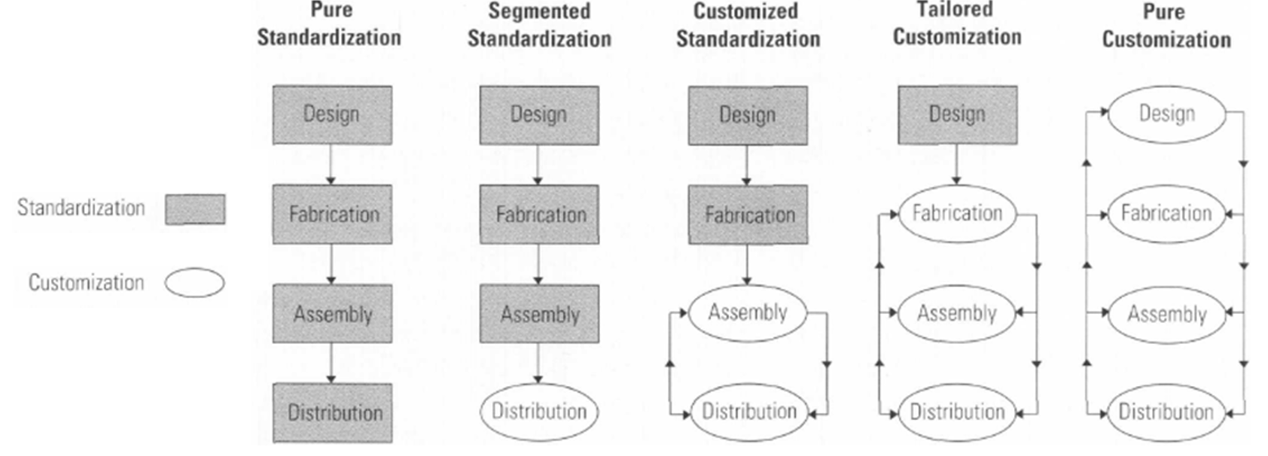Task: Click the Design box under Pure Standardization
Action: click(x=332, y=115)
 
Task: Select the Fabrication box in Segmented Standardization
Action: click(x=539, y=214)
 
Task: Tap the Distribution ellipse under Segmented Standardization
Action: click(x=539, y=412)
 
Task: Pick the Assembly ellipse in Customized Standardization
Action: click(x=748, y=313)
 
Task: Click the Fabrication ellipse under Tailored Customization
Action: click(x=957, y=214)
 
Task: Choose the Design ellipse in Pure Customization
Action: click(x=1166, y=114)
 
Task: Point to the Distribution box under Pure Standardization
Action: click(x=332, y=412)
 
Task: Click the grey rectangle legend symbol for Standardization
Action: click(x=195, y=209)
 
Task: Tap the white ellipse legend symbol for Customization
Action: click(x=195, y=283)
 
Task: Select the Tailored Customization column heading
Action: click(x=957, y=24)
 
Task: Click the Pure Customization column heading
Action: click(x=1166, y=26)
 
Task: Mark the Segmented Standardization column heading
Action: click(x=539, y=26)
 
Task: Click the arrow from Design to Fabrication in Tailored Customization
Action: click(x=957, y=165)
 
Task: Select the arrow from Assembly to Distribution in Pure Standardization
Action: click(x=331, y=363)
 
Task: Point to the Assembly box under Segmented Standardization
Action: click(x=539, y=314)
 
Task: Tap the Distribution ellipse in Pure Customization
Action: click(x=1166, y=412)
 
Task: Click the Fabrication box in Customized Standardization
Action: click(x=748, y=214)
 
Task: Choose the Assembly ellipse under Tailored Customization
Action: click(x=957, y=313)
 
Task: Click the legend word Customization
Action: click(x=87, y=282)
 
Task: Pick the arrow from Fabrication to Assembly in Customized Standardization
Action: click(x=747, y=264)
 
